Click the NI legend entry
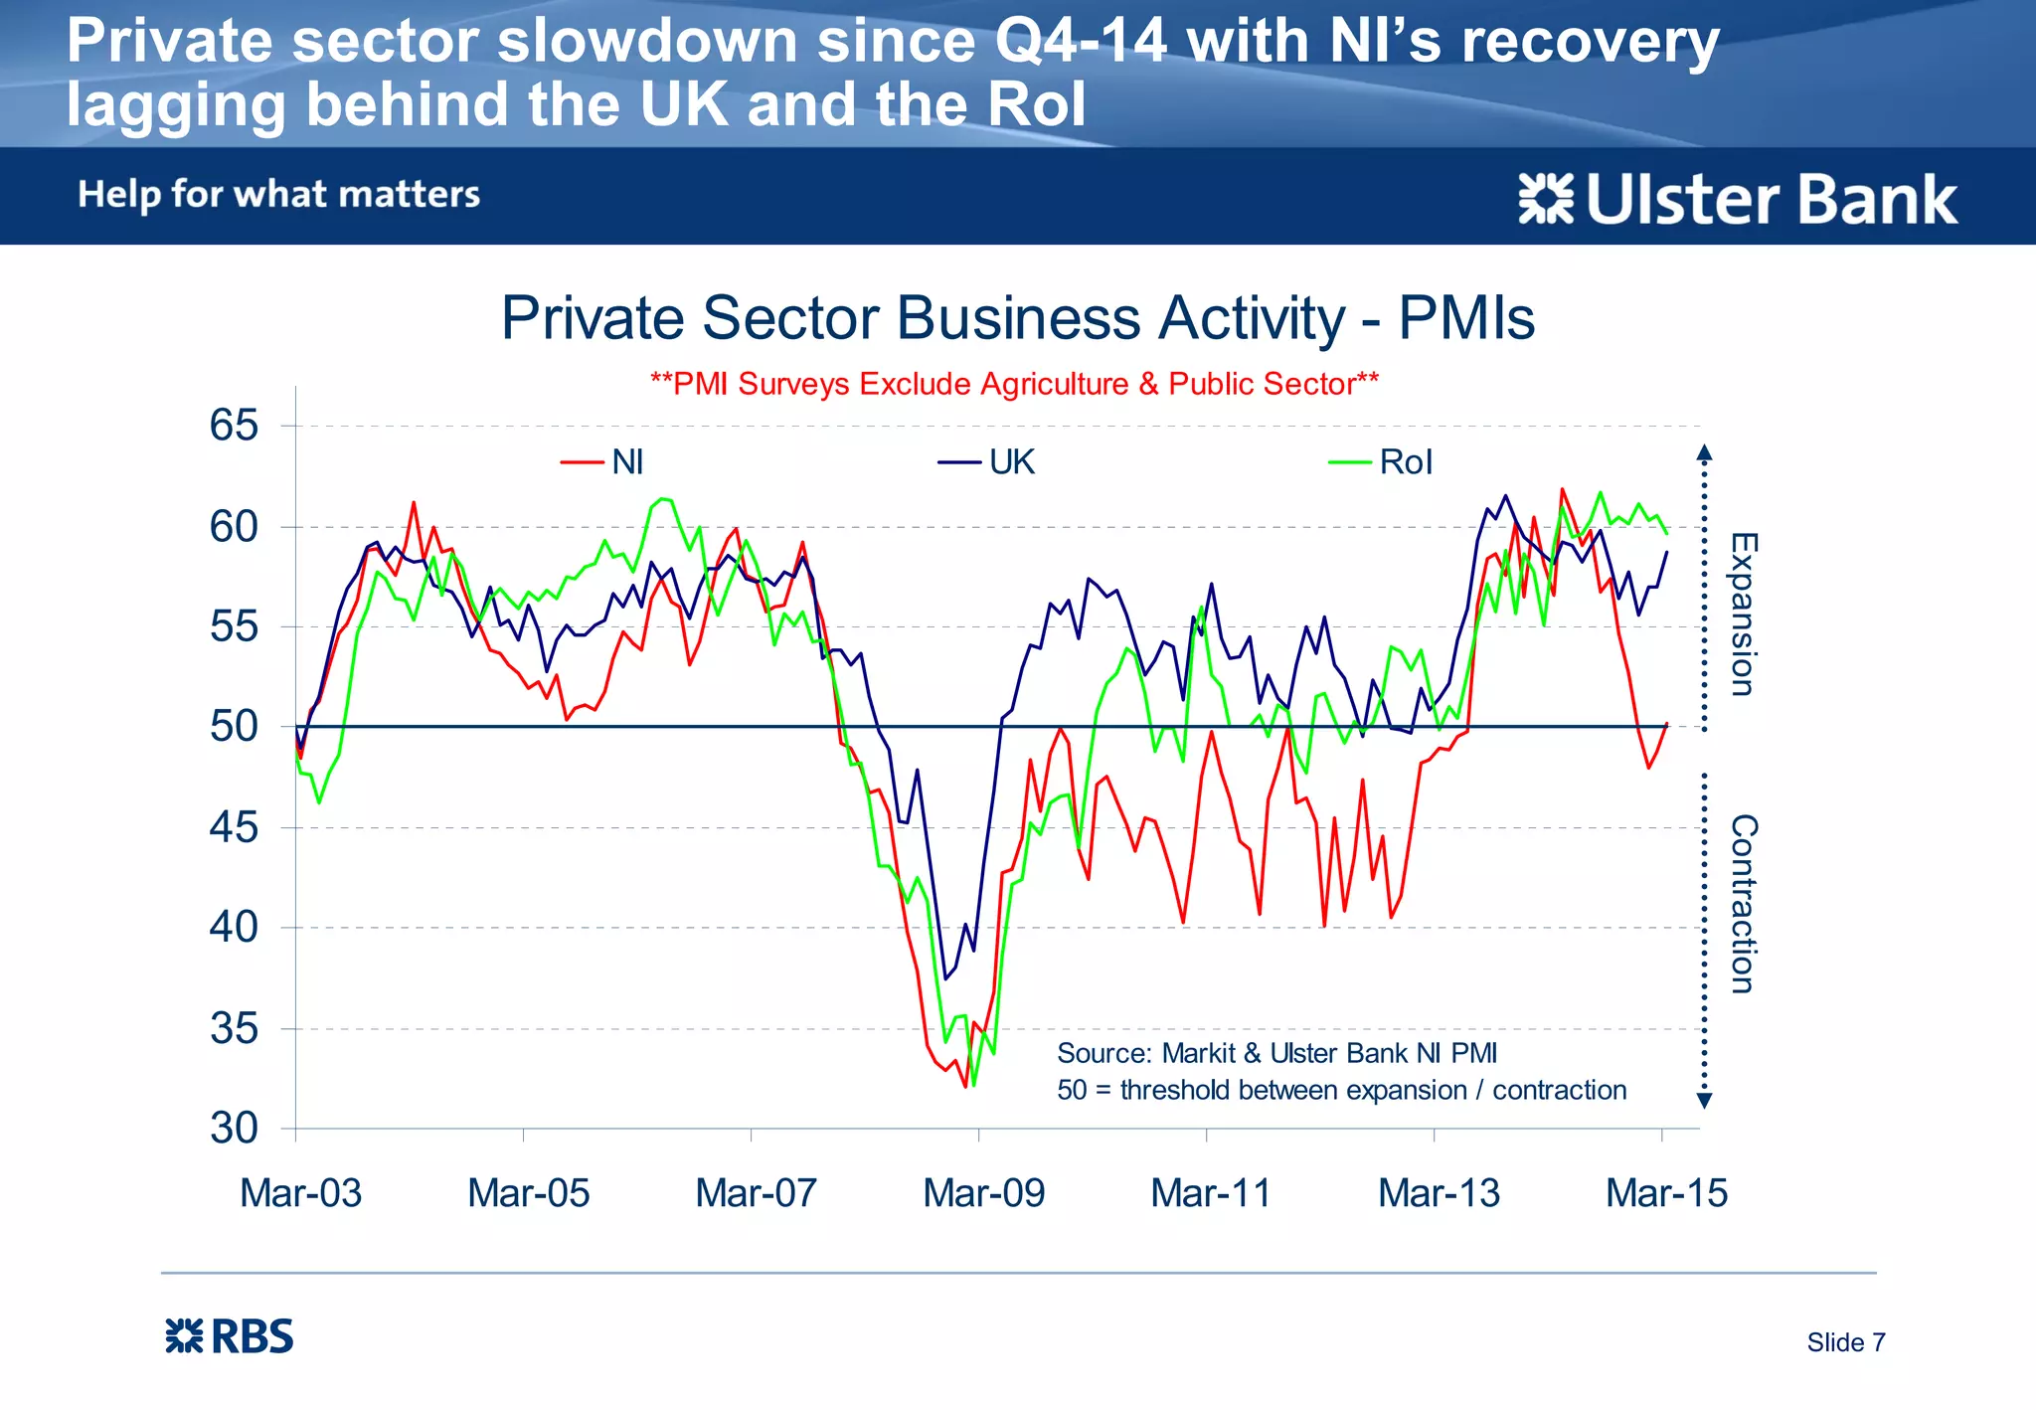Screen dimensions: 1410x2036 [604, 462]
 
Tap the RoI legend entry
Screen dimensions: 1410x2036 [1383, 462]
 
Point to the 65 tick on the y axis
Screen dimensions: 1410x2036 [234, 426]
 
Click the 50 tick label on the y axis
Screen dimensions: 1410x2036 [234, 727]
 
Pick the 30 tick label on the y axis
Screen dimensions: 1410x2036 [234, 1129]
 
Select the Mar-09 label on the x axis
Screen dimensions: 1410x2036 [983, 1192]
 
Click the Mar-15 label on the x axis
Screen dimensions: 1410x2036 [1666, 1192]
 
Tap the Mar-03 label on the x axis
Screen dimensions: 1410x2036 [300, 1192]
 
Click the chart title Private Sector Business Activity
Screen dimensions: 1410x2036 [1017, 318]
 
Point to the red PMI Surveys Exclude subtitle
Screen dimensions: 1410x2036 [1014, 384]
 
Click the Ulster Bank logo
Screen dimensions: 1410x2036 [1738, 199]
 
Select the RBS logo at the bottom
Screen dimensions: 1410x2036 [230, 1336]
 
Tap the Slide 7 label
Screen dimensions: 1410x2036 [1845, 1342]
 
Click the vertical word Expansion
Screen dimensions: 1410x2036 [1743, 614]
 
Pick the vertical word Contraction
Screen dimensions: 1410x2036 [1743, 903]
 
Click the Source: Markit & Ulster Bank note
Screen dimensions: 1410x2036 [1276, 1053]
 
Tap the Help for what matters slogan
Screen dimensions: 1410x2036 [279, 194]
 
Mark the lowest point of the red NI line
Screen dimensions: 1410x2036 [965, 1087]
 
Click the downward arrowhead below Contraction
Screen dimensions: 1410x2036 [1704, 1101]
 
